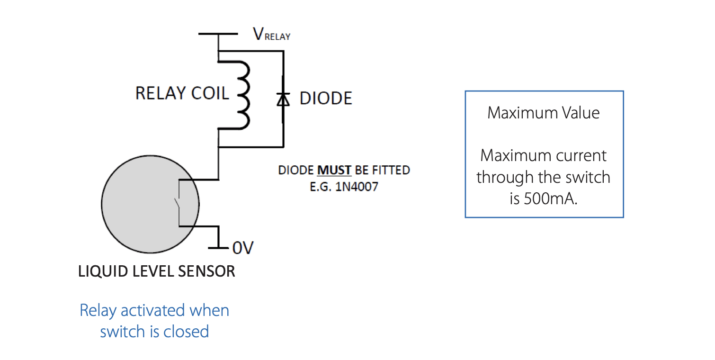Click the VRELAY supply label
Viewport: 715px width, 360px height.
tap(272, 35)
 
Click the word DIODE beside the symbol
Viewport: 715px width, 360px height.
tap(326, 99)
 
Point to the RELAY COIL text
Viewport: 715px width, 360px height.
tap(182, 93)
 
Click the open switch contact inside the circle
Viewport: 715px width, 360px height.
tap(177, 204)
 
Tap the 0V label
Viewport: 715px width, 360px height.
tap(243, 248)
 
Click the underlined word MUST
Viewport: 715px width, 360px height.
tap(334, 170)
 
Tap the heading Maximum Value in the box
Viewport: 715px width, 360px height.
tap(544, 113)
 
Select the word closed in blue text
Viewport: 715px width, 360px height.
tap(186, 331)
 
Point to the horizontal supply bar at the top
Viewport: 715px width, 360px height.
tap(218, 34)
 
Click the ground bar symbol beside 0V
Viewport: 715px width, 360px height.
tap(218, 247)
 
